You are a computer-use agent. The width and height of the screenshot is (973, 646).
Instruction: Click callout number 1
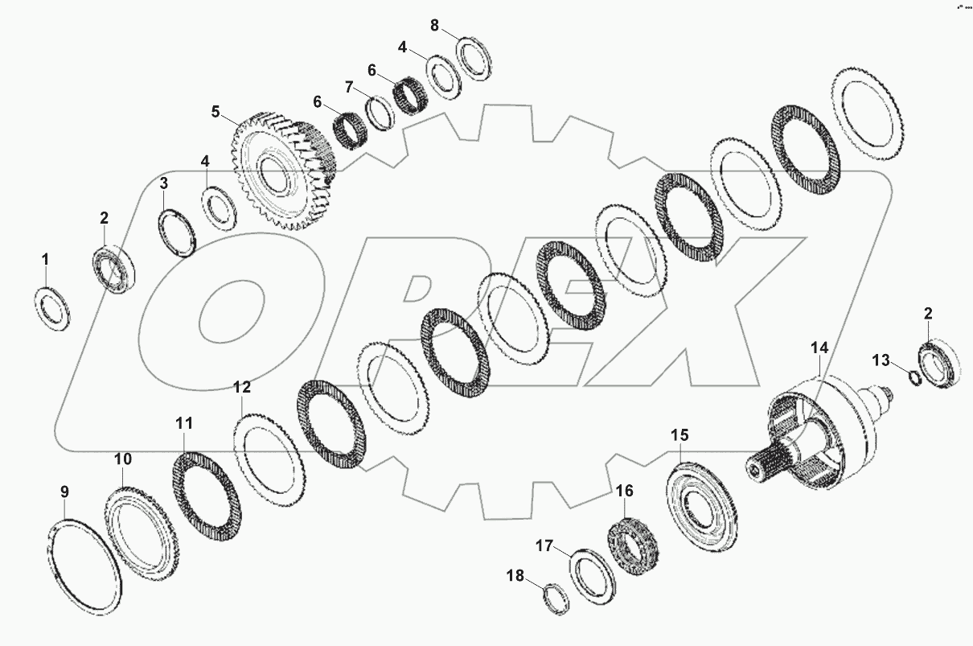click(45, 259)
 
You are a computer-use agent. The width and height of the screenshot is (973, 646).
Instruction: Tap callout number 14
click(819, 348)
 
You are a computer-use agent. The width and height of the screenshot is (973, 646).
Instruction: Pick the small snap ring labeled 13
click(913, 377)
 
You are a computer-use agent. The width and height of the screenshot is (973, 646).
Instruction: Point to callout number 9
click(65, 492)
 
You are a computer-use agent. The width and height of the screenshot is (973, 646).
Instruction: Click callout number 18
click(515, 575)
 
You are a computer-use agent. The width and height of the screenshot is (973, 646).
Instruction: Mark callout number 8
click(434, 25)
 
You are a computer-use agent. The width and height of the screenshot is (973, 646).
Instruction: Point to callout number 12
click(242, 387)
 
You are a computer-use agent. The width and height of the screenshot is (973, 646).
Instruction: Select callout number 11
click(184, 422)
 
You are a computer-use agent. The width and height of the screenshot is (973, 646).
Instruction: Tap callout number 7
click(348, 86)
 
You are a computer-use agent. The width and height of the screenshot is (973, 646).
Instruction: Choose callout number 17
click(544, 546)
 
